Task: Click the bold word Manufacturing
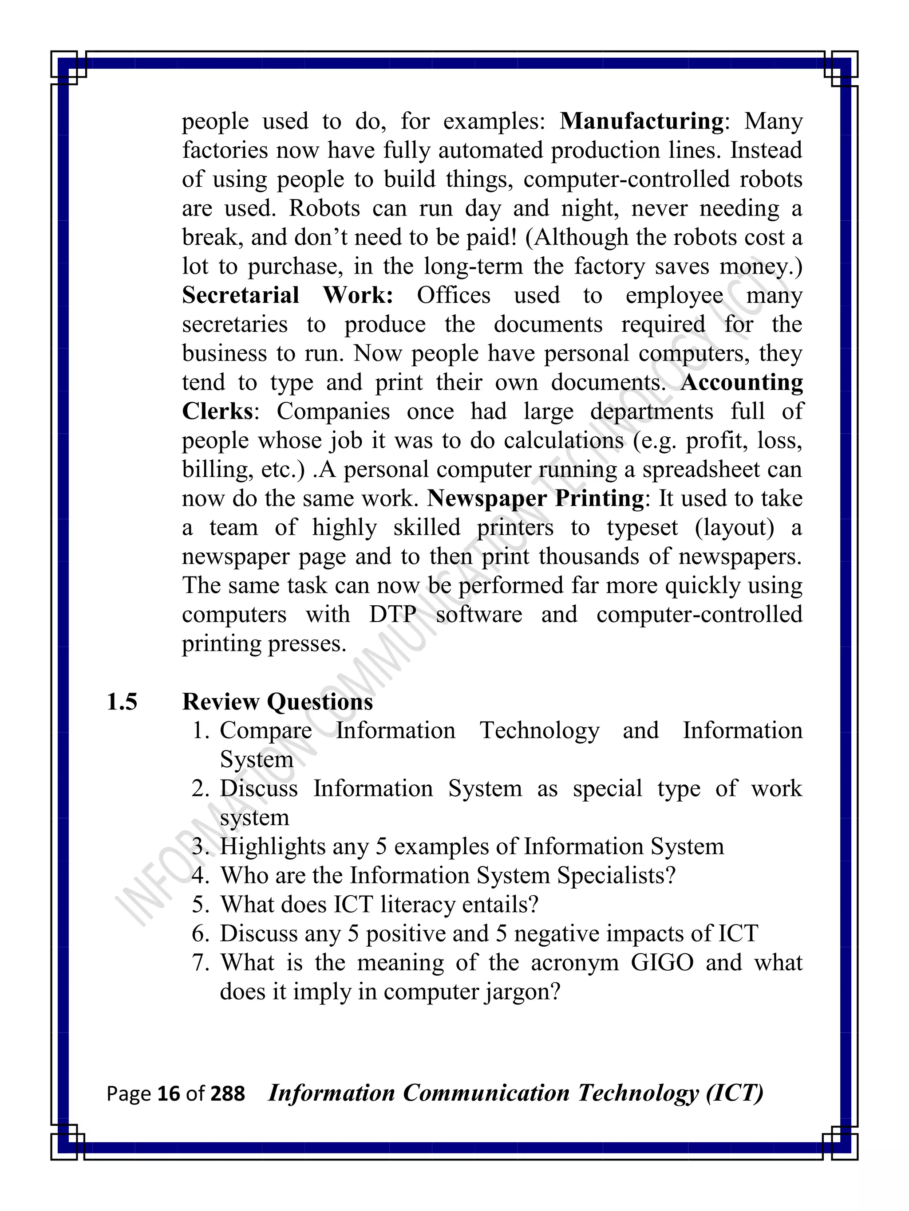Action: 641,121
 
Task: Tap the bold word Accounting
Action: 741,382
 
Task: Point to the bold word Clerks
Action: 217,411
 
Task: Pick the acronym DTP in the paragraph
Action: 392,614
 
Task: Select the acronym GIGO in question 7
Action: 662,962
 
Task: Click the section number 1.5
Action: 122,702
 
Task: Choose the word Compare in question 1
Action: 266,730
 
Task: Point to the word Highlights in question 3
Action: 265,847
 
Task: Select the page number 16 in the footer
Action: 168,1094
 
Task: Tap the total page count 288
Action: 227,1094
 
